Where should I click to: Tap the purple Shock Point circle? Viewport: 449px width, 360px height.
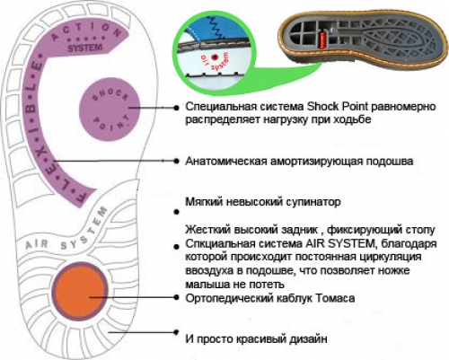coord(110,109)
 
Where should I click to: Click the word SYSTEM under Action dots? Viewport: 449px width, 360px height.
coord(84,48)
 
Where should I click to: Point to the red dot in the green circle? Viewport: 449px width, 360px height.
coord(214,57)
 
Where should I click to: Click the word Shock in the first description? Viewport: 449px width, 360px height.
coord(322,107)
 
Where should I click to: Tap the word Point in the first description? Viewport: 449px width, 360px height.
coord(355,107)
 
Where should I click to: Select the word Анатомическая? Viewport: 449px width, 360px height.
coord(226,162)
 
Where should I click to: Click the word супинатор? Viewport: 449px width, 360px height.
coord(313,202)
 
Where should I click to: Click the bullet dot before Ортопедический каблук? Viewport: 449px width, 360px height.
coord(176,297)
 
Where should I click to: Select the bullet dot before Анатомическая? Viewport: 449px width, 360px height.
coord(176,162)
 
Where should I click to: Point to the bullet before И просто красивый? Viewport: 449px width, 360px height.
coord(176,332)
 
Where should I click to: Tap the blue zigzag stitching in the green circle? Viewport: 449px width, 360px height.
coord(216,28)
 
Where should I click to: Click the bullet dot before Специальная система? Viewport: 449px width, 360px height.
coord(176,108)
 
